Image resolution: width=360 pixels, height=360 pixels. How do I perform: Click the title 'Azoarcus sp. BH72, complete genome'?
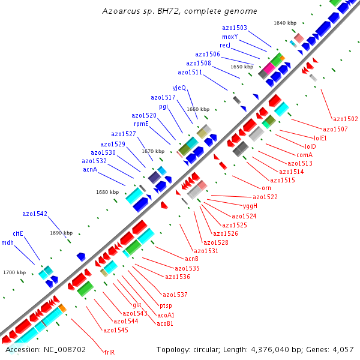click(179, 11)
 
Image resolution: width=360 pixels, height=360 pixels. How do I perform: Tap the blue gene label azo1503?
click(234, 28)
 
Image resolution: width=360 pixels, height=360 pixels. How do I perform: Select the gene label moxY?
click(230, 37)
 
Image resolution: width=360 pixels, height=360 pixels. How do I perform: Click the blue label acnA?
click(90, 169)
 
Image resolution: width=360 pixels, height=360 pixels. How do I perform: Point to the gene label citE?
click(18, 233)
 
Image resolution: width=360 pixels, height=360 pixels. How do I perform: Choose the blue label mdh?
click(7, 242)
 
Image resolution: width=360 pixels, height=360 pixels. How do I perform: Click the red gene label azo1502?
click(345, 119)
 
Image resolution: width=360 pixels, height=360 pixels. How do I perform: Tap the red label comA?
click(305, 155)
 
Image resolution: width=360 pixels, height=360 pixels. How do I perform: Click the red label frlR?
click(109, 352)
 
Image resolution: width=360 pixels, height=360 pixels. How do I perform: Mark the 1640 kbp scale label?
click(285, 23)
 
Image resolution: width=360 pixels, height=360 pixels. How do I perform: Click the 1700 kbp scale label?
click(14, 272)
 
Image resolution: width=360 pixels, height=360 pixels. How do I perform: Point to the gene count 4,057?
click(343, 349)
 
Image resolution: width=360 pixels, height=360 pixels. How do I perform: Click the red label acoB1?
click(165, 323)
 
